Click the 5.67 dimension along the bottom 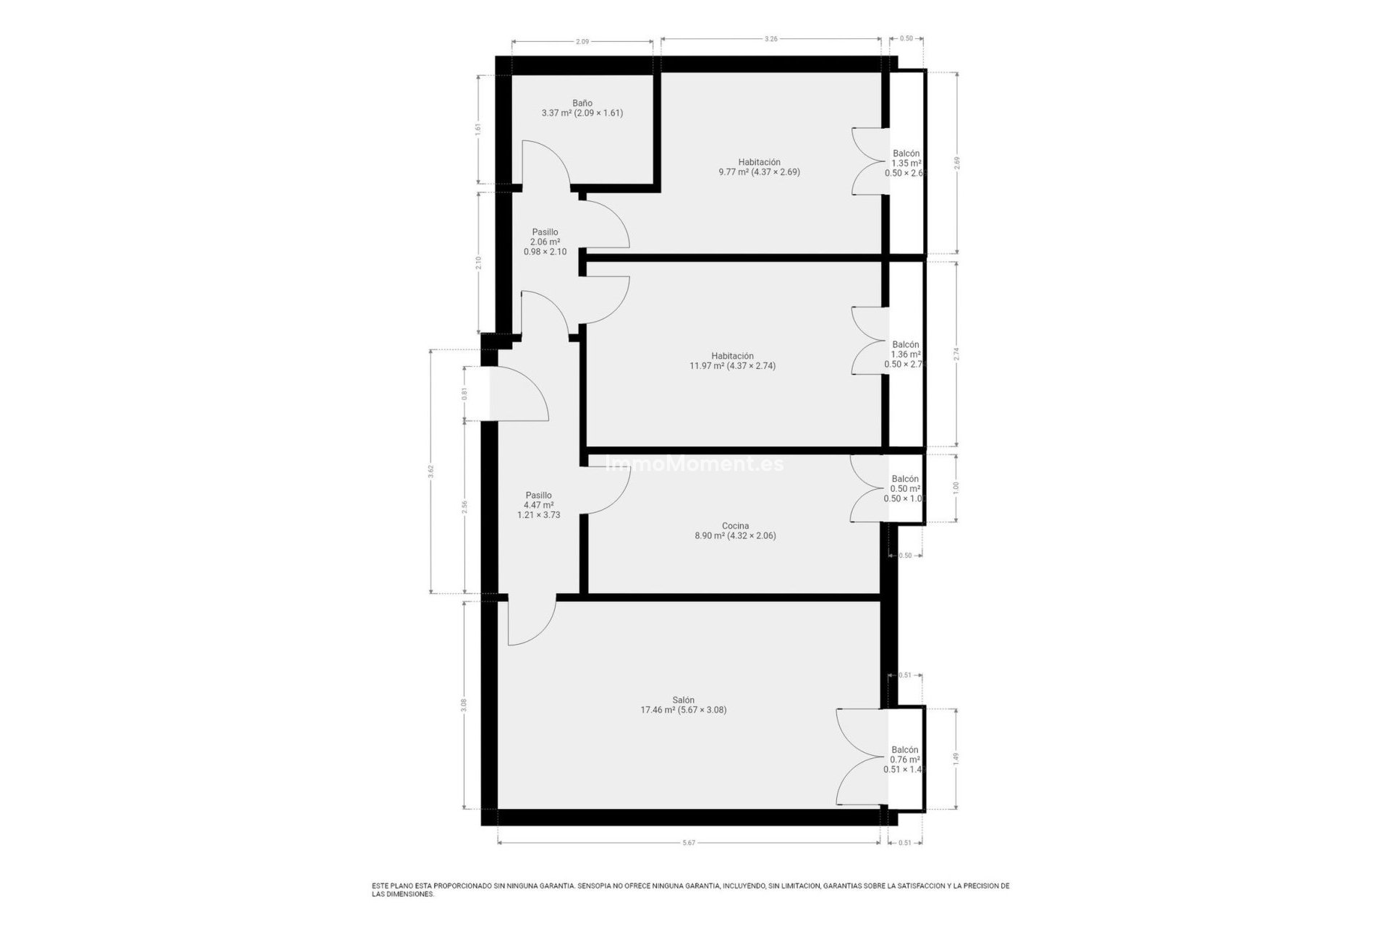pos(689,843)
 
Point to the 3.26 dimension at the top pos(770,39)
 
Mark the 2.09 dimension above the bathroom pos(582,42)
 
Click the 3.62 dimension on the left pos(431,471)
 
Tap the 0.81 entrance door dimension pos(464,394)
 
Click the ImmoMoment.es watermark pos(694,464)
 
